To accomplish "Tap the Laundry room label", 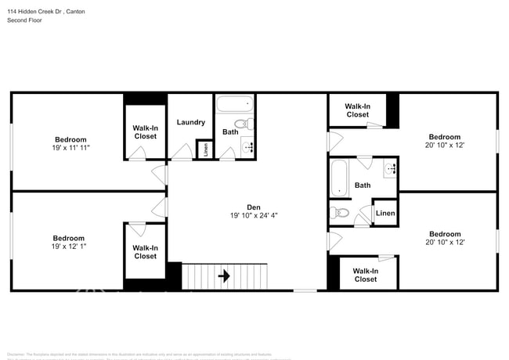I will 191,122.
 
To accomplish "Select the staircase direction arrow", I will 224,275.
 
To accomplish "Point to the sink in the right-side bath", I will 391,167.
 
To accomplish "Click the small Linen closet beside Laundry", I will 204,149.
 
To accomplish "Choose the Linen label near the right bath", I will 385,213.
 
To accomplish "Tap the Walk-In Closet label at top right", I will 357,110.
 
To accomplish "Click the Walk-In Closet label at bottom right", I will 365,275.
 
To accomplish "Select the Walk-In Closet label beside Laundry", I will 145,131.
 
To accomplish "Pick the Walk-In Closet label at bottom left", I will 145,252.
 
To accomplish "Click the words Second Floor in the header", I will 26,20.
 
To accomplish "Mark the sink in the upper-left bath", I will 249,146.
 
